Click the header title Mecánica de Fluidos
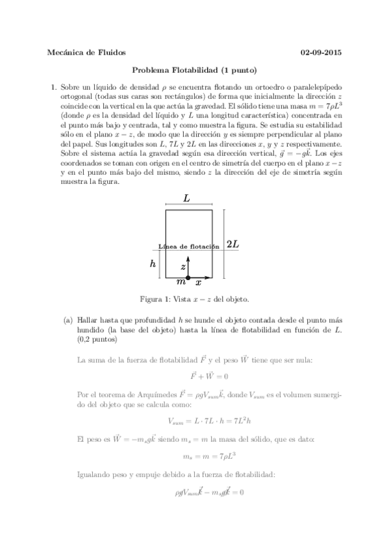[x=87, y=53]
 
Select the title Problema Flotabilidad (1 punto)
[x=195, y=70]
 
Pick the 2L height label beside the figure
[x=233, y=244]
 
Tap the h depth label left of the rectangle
[x=153, y=263]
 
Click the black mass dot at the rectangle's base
[x=188, y=277]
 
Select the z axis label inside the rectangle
[x=183, y=267]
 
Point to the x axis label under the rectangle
[x=199, y=283]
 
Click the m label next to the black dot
[x=181, y=283]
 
